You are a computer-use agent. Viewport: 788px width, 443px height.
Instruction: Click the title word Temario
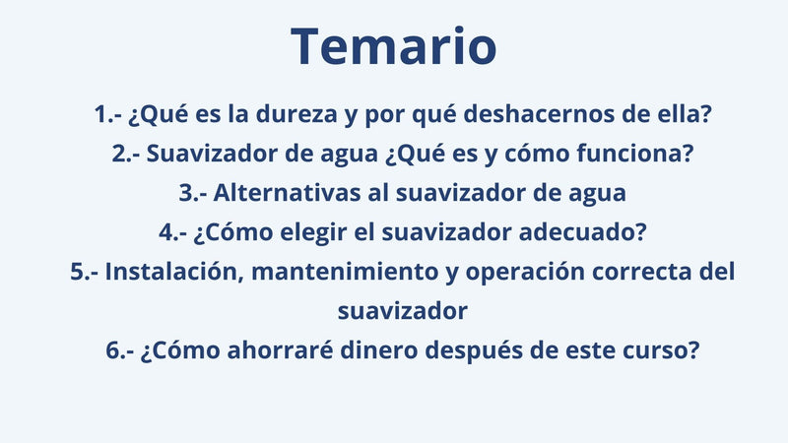click(x=394, y=47)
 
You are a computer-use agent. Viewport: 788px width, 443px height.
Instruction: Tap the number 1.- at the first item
click(x=107, y=114)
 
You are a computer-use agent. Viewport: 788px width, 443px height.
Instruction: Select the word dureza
click(x=299, y=114)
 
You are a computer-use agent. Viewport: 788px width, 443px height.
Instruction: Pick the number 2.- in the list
click(x=126, y=154)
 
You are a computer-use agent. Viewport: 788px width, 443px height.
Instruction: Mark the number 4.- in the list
click(x=174, y=232)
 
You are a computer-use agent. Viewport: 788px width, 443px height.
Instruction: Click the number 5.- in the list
click(x=84, y=272)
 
